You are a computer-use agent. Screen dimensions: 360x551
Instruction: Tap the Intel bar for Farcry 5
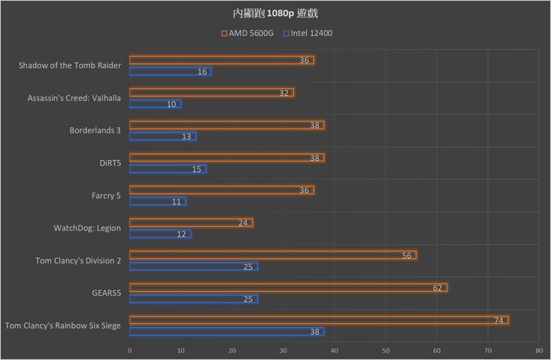pos(157,201)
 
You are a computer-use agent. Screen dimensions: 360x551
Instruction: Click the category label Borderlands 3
pos(95,130)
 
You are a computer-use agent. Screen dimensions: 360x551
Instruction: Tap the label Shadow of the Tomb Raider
pos(70,65)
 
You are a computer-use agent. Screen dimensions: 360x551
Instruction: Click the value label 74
pos(498,320)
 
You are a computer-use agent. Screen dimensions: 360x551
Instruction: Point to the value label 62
pos(437,287)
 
